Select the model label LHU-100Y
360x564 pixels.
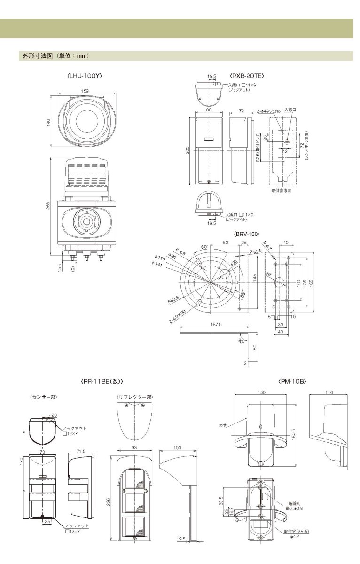click(x=85, y=75)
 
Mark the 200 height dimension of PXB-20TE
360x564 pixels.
click(x=188, y=150)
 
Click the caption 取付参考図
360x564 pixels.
click(x=282, y=191)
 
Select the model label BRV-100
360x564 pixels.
click(x=247, y=234)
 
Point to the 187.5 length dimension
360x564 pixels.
click(x=216, y=324)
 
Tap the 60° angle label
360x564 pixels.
click(x=205, y=247)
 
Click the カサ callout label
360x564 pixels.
click(x=223, y=424)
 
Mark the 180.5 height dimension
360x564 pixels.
click(x=294, y=435)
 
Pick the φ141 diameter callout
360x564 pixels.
click(x=157, y=265)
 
